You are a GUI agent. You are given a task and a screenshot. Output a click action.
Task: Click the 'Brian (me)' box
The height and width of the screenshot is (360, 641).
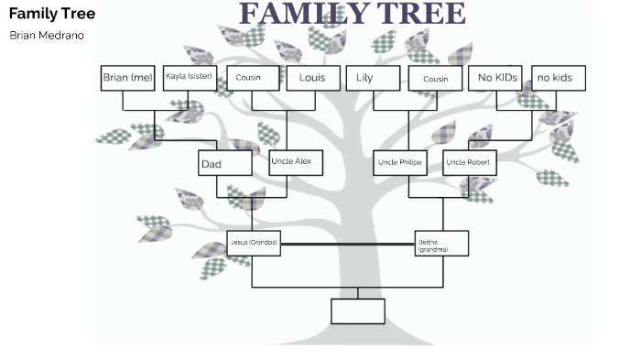click(x=128, y=79)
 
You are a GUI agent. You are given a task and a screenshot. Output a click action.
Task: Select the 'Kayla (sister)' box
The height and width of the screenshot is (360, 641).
click(x=190, y=79)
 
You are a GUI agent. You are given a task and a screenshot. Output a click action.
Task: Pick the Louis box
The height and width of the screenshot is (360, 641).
click(x=312, y=79)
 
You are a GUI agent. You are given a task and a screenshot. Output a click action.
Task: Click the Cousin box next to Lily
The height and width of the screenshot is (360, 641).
click(x=435, y=79)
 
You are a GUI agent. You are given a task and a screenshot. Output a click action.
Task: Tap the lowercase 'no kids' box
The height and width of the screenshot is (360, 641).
click(x=558, y=79)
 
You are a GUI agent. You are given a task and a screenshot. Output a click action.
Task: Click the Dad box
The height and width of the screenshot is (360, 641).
click(x=225, y=163)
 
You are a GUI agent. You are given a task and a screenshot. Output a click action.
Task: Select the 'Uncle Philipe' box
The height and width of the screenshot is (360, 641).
click(x=399, y=162)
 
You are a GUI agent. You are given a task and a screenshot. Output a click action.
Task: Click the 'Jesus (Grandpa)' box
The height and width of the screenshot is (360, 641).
click(x=254, y=243)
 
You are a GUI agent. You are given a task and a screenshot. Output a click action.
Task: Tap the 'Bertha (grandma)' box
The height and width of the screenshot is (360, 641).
click(x=441, y=244)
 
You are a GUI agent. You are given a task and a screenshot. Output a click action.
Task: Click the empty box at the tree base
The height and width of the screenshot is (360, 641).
click(x=358, y=311)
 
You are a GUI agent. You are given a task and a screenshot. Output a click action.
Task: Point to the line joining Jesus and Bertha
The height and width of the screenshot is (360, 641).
click(x=347, y=245)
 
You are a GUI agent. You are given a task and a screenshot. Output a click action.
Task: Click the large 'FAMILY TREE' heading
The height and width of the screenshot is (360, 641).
click(x=353, y=14)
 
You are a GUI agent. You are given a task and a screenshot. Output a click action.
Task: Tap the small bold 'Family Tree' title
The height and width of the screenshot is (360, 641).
click(x=51, y=15)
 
